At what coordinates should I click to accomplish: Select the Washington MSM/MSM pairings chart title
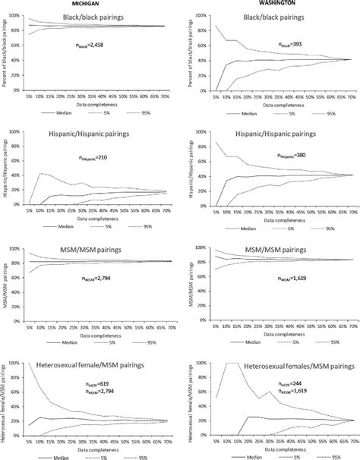pos(266,248)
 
